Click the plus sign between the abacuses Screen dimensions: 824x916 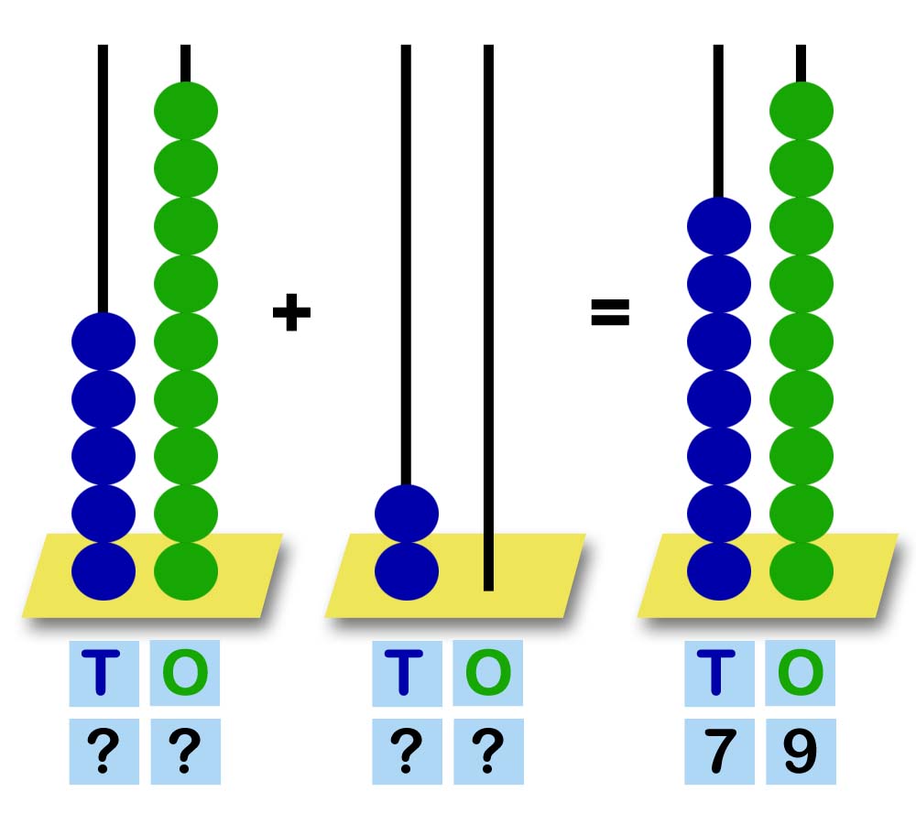pos(291,314)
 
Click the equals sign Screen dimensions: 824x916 pos(610,314)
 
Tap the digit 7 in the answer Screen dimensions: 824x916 pos(719,751)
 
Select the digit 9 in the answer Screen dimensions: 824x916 pos(801,751)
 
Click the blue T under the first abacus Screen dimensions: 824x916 pos(103,673)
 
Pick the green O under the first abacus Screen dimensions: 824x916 pos(185,673)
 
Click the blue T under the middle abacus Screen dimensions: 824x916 pos(406,673)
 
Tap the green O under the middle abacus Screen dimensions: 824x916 pos(488,673)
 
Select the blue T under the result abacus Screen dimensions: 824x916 pos(719,673)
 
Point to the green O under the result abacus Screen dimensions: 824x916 pos(801,673)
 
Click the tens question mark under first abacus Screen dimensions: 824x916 pos(103,751)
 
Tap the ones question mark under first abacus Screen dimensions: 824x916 pos(185,751)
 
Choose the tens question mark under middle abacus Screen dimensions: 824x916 pos(406,751)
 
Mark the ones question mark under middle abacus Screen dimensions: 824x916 pos(488,751)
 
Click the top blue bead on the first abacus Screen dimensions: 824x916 pos(104,342)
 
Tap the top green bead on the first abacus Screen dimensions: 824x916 pos(186,111)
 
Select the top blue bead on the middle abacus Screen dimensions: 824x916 pos(407,514)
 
